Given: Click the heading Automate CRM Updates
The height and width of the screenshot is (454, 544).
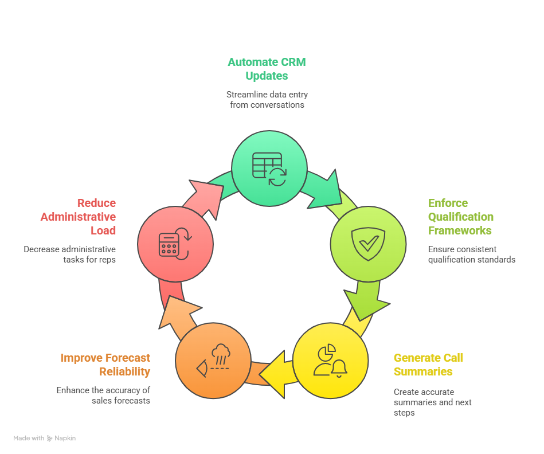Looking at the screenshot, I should (x=267, y=69).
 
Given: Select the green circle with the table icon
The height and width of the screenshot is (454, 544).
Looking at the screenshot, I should (x=269, y=167).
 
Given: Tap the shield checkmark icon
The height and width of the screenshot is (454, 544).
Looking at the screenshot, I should (x=367, y=244).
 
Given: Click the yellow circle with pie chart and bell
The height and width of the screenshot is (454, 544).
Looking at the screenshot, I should (x=330, y=361).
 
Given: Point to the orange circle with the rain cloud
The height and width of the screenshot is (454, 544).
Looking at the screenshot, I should (x=213, y=361).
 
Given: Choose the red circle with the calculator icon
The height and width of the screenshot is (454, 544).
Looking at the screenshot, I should (x=175, y=244).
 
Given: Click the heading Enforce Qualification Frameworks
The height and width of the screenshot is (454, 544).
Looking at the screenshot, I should (x=460, y=217).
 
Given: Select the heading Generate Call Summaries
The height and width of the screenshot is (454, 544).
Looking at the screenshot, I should (x=428, y=365).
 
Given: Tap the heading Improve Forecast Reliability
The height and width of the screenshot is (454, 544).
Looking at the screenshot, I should (x=105, y=365).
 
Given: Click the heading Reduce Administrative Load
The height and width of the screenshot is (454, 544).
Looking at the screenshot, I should (x=78, y=217).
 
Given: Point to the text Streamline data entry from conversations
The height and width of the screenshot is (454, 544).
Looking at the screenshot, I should (x=267, y=100).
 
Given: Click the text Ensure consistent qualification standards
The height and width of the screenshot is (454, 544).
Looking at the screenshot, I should (x=471, y=255).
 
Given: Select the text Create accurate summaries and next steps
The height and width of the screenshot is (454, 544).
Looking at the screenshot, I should (x=433, y=402).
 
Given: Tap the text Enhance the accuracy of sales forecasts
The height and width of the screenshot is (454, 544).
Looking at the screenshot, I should (x=103, y=396).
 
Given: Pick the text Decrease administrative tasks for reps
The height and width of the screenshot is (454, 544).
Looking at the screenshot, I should (x=70, y=255).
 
